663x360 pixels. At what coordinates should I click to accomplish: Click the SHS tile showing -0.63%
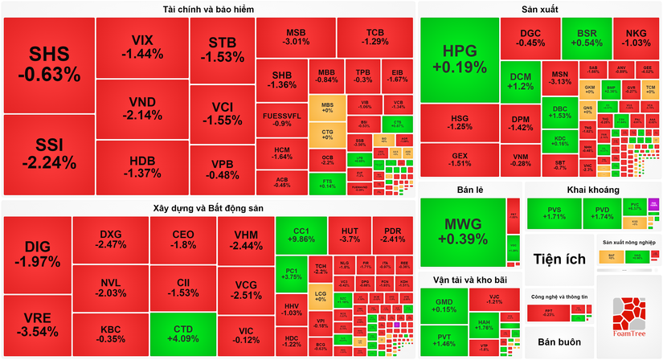pyautogui.click(x=48, y=64)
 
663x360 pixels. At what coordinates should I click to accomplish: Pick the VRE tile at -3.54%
pyautogui.click(x=36, y=325)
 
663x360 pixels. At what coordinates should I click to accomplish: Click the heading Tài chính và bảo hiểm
pyautogui.click(x=208, y=9)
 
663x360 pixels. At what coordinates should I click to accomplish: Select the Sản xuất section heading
pyautogui.click(x=539, y=9)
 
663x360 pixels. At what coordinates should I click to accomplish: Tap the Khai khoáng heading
pyautogui.click(x=593, y=190)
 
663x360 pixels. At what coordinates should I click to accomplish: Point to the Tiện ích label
pyautogui.click(x=559, y=258)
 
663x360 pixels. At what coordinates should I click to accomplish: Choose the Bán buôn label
pyautogui.click(x=559, y=342)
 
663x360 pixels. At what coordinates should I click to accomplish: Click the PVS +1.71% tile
pyautogui.click(x=555, y=213)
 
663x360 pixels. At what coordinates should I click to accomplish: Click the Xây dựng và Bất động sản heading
pyautogui.click(x=208, y=207)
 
